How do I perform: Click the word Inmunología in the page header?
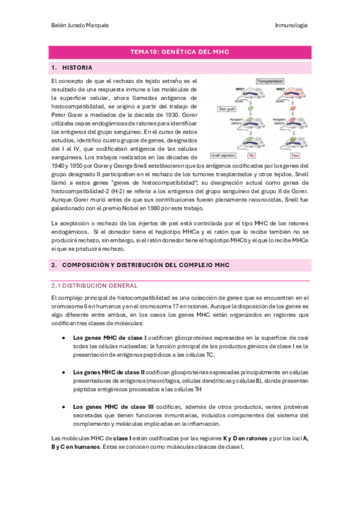pyautogui.click(x=291, y=25)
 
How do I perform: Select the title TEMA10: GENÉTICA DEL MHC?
pyautogui.click(x=180, y=52)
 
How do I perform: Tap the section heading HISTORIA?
pyautogui.click(x=78, y=68)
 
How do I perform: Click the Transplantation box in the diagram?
pyautogui.click(x=269, y=81)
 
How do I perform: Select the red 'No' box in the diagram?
pyautogui.click(x=252, y=155)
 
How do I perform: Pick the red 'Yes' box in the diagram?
pyautogui.click(x=294, y=155)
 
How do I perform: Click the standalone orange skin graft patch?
pyautogui.click(x=294, y=109)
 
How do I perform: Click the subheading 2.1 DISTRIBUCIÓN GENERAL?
pyautogui.click(x=94, y=286)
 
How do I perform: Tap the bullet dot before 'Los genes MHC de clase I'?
pyautogui.click(x=64, y=338)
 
